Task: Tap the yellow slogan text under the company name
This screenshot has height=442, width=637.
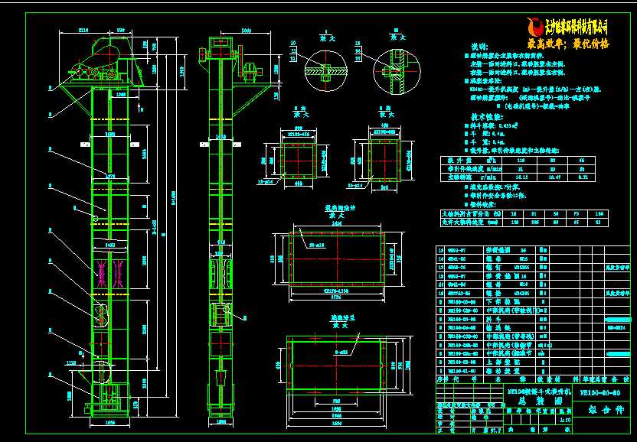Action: (568, 44)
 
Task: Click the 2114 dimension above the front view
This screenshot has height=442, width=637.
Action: (83, 31)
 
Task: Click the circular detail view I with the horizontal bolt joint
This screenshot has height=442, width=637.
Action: (319, 69)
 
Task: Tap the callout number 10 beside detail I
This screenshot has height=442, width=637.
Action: (292, 41)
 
